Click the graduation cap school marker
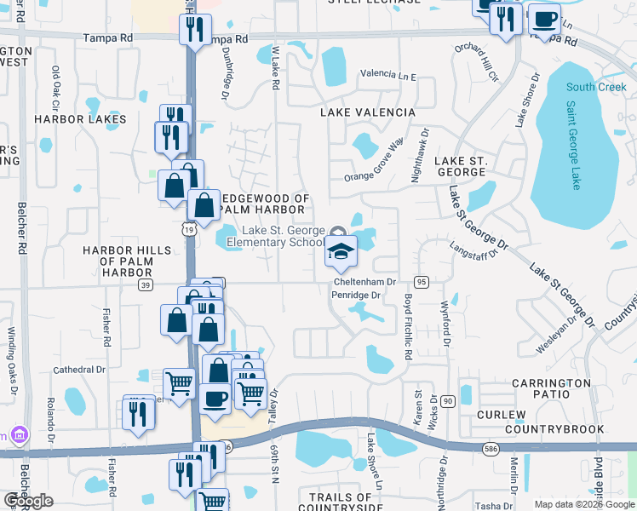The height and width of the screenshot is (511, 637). click(x=341, y=252)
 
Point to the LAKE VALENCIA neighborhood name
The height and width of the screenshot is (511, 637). click(x=367, y=112)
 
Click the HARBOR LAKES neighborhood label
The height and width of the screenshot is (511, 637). click(x=80, y=119)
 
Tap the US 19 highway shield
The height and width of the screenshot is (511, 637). click(x=187, y=228)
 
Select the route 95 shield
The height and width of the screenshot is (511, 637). click(x=421, y=282)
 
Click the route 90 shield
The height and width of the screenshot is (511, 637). click(x=448, y=400)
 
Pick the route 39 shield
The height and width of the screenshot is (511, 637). click(x=146, y=284)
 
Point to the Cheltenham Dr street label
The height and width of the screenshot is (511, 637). click(x=365, y=282)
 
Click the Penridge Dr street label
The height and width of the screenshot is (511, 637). click(x=354, y=296)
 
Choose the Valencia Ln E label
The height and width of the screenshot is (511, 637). click(x=387, y=76)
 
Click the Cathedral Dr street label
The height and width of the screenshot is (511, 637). click(x=78, y=370)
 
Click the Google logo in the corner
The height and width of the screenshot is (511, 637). click(x=29, y=501)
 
